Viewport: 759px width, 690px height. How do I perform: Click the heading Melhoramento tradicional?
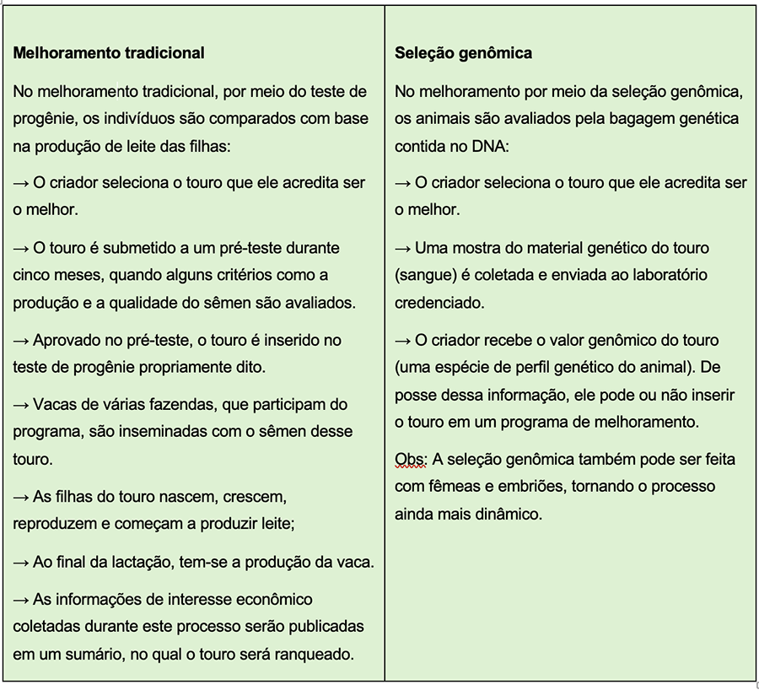(109, 53)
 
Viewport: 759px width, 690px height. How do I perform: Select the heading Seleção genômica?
(463, 53)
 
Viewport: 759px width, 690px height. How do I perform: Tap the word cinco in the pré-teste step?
(30, 275)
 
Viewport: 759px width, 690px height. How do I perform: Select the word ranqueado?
(312, 653)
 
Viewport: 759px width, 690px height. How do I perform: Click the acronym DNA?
(487, 145)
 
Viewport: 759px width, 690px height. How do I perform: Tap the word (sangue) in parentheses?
(423, 275)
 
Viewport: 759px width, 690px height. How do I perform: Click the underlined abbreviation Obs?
(410, 461)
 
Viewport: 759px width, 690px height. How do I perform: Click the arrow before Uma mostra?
(403, 249)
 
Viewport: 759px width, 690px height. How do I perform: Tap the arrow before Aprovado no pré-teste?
(21, 341)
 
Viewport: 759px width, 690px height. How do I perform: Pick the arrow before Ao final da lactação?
(21, 562)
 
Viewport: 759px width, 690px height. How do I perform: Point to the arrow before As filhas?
(21, 498)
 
